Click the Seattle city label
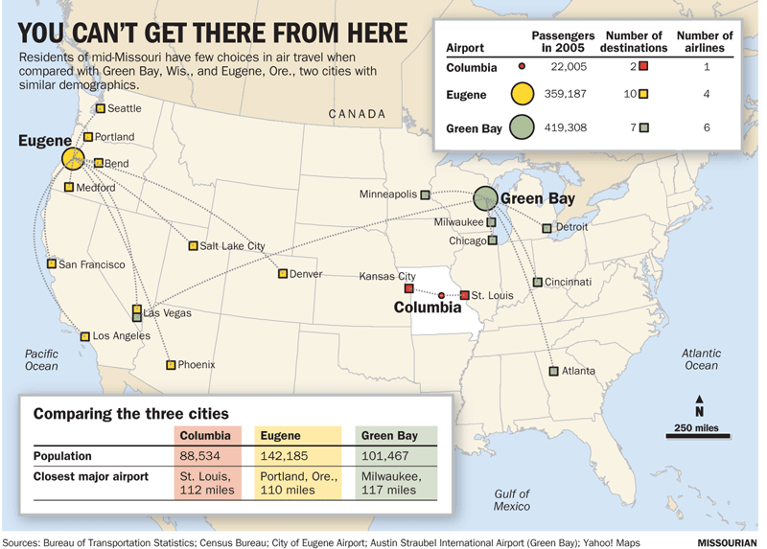124,108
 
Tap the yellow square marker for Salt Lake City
193,246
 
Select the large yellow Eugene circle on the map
73,159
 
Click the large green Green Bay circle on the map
487,198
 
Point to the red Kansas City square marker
408,288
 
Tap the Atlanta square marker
553,371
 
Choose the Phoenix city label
197,365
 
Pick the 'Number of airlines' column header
705,41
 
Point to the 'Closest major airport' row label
91,476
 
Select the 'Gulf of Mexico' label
512,499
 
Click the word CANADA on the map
357,114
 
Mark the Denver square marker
283,274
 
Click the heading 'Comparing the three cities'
131,414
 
